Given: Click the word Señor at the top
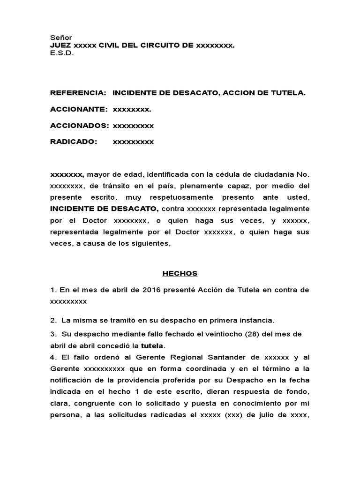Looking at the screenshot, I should pyautogui.click(x=60, y=37).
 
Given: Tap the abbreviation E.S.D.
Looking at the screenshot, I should pyautogui.click(x=62, y=53).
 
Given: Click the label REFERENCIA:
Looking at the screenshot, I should pyautogui.click(x=78, y=93).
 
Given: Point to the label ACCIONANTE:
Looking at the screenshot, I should pyautogui.click(x=79, y=109).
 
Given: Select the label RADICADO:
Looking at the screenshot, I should pyautogui.click(x=74, y=142).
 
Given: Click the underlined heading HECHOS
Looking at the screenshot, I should pyautogui.click(x=180, y=273).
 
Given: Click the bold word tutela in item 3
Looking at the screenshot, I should pyautogui.click(x=155, y=346).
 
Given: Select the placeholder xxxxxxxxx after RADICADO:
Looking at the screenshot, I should pyautogui.click(x=133, y=142).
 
